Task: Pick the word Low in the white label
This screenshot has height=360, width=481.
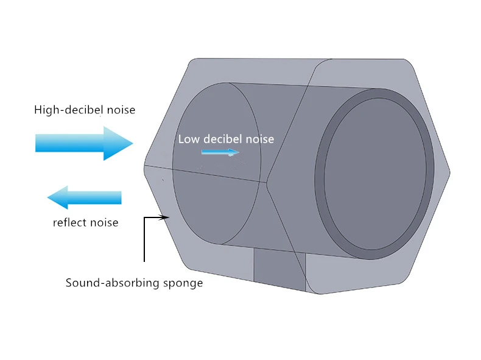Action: click(x=187, y=139)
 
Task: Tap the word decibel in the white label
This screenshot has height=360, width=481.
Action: click(x=220, y=139)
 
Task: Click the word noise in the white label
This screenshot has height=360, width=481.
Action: click(x=259, y=139)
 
